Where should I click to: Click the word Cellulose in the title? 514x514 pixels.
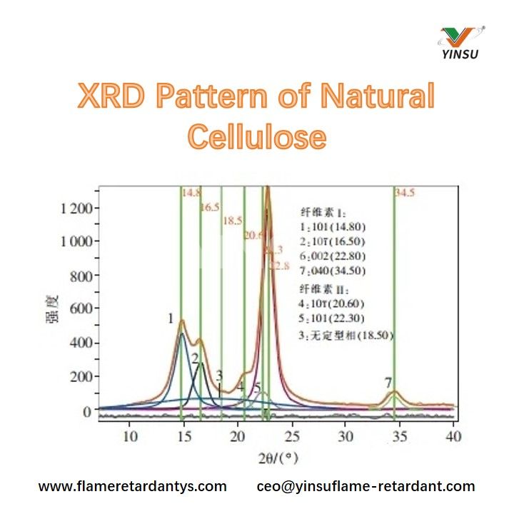[257, 135]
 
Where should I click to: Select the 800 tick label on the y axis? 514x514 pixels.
[80, 276]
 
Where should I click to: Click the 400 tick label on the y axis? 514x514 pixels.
[80, 343]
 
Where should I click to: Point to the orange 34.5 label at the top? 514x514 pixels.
[405, 193]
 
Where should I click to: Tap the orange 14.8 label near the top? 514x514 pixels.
[191, 193]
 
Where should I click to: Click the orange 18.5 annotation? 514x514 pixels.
[233, 221]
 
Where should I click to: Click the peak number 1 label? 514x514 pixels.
[171, 318]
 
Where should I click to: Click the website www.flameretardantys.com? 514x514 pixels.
[132, 487]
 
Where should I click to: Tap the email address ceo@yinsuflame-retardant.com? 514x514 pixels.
[366, 487]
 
